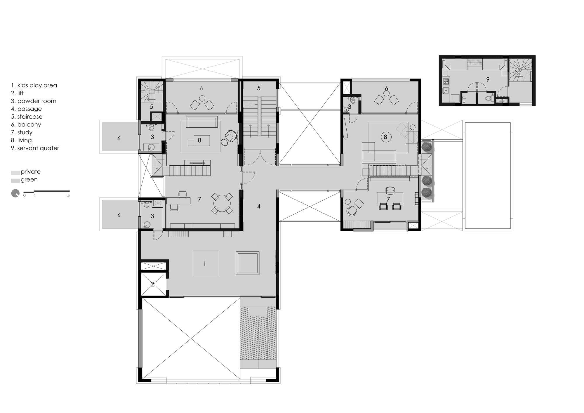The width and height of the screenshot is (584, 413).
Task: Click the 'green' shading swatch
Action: [15, 181]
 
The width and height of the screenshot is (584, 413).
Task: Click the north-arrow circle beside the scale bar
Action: [15, 193]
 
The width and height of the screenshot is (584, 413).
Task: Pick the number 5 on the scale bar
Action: [69, 196]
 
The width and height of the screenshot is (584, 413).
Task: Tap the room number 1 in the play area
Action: [205, 264]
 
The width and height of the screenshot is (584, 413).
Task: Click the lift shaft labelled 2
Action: [152, 284]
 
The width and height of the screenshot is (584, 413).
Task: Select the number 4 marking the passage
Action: [259, 206]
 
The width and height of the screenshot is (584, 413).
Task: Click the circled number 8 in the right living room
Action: [385, 136]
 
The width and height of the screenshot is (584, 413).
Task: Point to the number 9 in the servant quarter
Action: [488, 79]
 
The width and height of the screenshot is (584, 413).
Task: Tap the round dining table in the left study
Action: [222, 203]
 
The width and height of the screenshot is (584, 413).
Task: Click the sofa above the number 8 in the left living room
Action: [201, 122]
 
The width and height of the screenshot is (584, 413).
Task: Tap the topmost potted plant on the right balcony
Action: [427, 146]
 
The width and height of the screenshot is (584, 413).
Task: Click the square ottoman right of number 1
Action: [247, 263]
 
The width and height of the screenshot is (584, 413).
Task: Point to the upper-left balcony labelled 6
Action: [119, 138]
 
